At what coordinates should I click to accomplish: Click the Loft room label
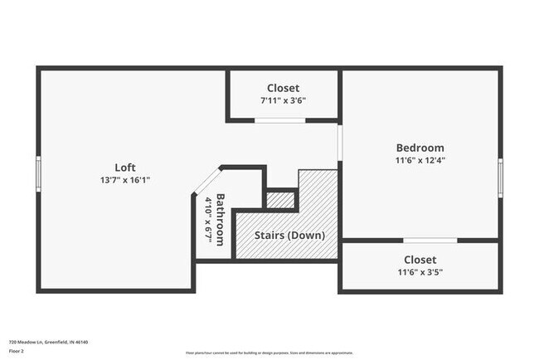point(125,167)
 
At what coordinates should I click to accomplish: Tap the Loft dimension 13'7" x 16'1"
point(125,179)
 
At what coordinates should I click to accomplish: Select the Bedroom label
point(420,148)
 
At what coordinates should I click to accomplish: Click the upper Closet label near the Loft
point(283,88)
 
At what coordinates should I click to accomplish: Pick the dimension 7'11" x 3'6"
point(283,100)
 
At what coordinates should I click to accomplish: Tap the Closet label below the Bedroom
point(420,259)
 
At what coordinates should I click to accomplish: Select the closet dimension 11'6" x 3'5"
point(420,271)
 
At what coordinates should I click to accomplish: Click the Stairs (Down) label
point(289,235)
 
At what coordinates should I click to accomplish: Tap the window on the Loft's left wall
point(38,174)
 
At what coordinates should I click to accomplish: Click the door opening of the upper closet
point(279,120)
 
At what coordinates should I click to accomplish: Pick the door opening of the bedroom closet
point(430,241)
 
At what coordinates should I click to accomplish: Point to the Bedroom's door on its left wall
point(340,143)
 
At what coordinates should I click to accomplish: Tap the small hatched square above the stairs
point(280,199)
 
